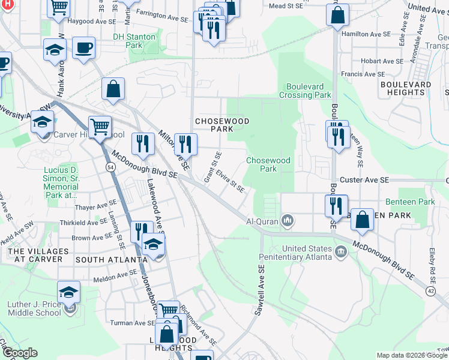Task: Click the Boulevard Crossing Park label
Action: click(x=305, y=91)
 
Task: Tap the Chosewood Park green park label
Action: click(x=268, y=164)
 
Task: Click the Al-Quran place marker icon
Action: click(x=288, y=221)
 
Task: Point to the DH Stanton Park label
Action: click(x=135, y=41)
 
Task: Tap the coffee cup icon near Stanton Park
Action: click(x=83, y=47)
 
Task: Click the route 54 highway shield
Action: click(x=110, y=166)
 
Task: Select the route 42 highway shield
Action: click(x=430, y=291)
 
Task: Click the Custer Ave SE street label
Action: click(x=364, y=180)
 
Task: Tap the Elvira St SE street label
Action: click(x=231, y=181)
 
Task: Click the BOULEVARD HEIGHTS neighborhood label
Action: click(x=406, y=89)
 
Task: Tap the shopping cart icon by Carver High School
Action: click(x=100, y=126)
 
